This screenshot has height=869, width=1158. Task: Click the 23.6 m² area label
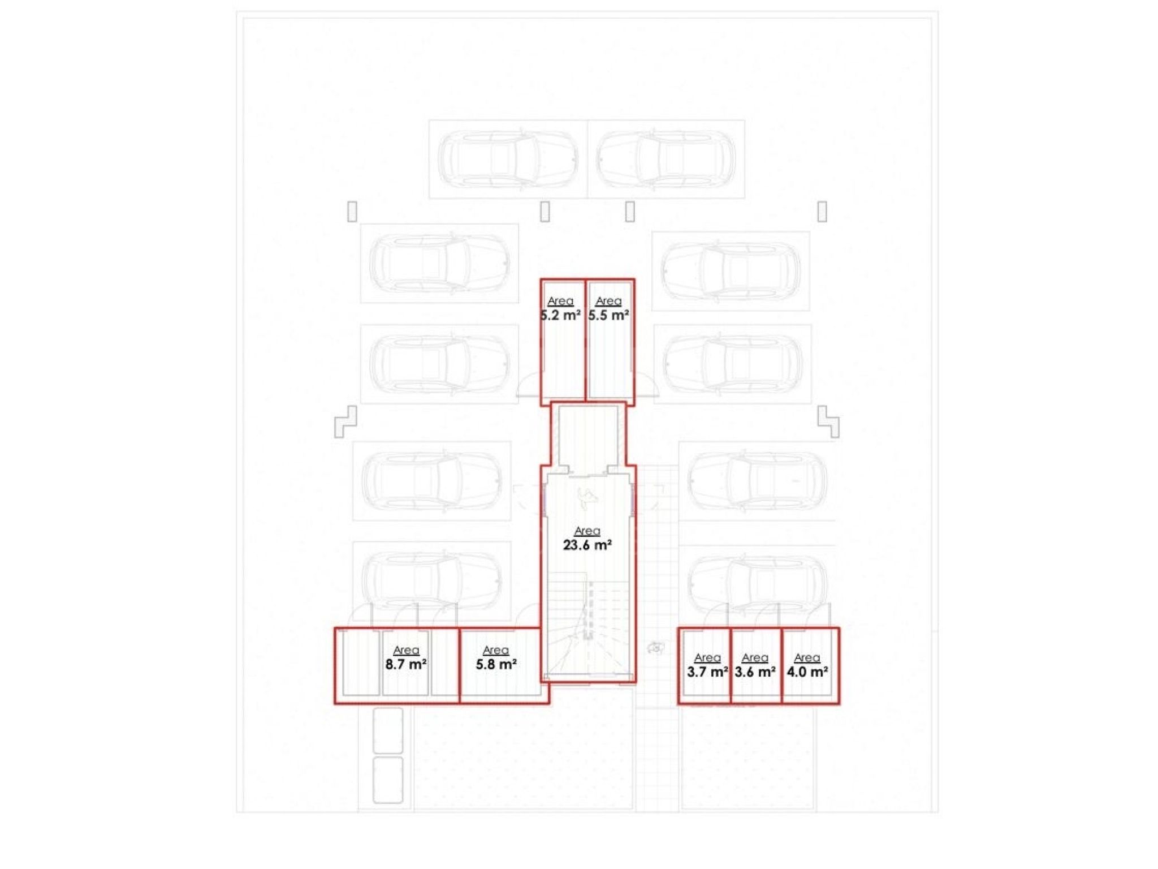(x=587, y=545)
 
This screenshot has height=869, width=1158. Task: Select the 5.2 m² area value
(x=560, y=315)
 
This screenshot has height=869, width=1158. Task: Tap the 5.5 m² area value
(x=608, y=315)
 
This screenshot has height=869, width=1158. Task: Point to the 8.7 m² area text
(x=406, y=664)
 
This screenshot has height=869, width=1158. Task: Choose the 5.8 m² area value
(x=496, y=664)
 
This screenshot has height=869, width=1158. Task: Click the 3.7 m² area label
(x=707, y=672)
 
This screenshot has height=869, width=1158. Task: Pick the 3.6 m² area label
(x=755, y=672)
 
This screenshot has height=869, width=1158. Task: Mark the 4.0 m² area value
(x=807, y=672)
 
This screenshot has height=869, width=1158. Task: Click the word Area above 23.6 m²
(x=587, y=531)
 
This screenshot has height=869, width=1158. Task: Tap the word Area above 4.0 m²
(x=807, y=657)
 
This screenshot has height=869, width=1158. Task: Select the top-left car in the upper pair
(x=508, y=159)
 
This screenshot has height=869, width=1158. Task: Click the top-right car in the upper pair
(x=666, y=159)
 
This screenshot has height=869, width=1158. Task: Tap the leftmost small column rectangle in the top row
(x=352, y=212)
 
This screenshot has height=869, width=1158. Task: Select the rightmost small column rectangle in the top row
(x=822, y=212)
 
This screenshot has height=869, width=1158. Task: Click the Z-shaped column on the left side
(x=345, y=421)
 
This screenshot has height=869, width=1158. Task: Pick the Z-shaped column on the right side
(x=828, y=421)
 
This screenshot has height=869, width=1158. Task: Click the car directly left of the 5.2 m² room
(x=439, y=363)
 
